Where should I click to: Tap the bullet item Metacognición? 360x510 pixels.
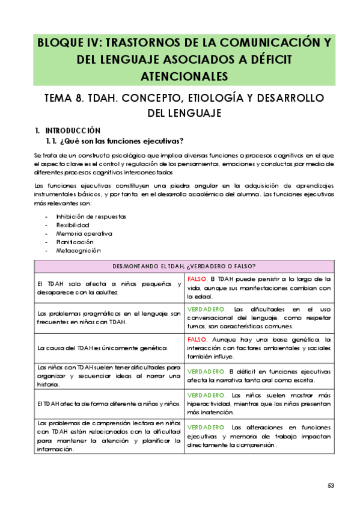(78, 250)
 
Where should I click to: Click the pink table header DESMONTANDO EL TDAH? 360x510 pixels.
(185, 266)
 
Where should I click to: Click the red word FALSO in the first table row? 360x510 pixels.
(198, 279)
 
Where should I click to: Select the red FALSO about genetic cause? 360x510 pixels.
(198, 339)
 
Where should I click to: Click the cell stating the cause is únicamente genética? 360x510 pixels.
(103, 348)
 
